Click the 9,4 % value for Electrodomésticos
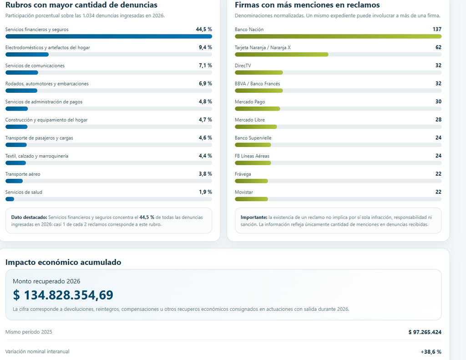point(205,47)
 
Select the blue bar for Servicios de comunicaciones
point(22,72)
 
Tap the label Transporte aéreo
point(23,174)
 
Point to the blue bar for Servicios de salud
point(10,199)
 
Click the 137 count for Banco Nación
point(437,29)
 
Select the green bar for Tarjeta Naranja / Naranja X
point(281,55)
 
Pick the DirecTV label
point(243,66)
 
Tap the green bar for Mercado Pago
point(258,109)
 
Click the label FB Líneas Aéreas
point(252,156)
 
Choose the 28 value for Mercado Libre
point(438,120)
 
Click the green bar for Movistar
point(251,199)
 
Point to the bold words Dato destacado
point(29,217)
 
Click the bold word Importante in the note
point(254,217)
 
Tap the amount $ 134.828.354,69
point(63,295)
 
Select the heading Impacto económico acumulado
point(63,262)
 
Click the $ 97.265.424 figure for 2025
point(425,332)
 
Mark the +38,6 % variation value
point(431,352)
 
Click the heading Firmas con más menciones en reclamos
point(307,5)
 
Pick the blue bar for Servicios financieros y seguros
point(109,36)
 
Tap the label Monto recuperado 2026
point(46,281)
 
